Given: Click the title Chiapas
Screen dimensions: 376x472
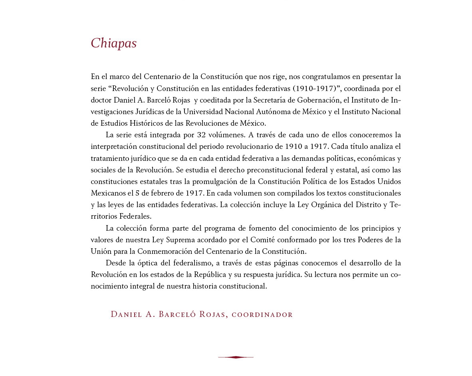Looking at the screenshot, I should tap(114, 43).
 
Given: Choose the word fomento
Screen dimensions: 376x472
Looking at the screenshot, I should tap(274, 229).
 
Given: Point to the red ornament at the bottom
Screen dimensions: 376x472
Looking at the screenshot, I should tap(236, 357).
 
